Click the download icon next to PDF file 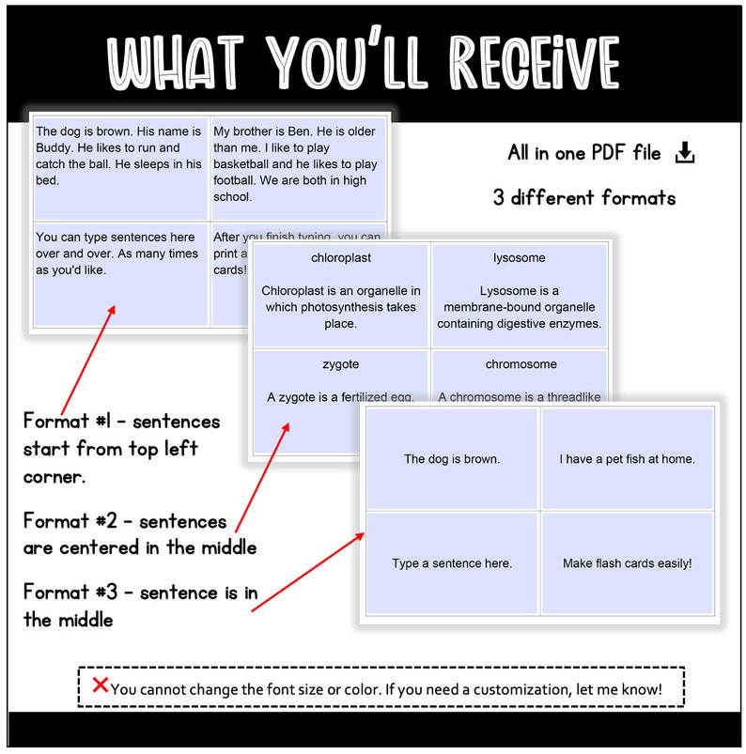click(x=685, y=153)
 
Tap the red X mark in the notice click(x=100, y=685)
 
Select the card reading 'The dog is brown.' click(x=452, y=459)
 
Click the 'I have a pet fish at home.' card click(x=627, y=459)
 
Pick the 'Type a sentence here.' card click(x=452, y=563)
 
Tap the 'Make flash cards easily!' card click(x=627, y=563)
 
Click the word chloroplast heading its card click(x=341, y=256)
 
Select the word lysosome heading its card click(x=519, y=257)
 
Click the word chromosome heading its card click(x=521, y=364)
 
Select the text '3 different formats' click(x=583, y=198)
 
